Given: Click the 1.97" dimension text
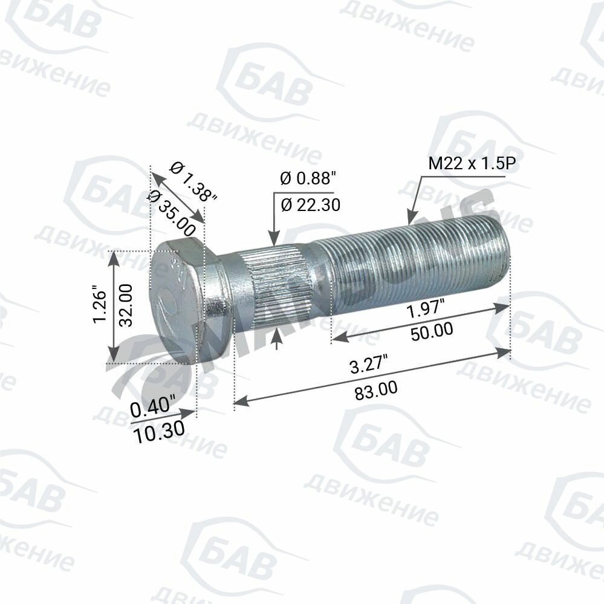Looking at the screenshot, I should click(x=424, y=311).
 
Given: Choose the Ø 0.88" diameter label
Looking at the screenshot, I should click(x=307, y=178).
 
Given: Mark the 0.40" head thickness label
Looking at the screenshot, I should click(x=152, y=408).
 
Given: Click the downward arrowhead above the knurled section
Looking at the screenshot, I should click(x=274, y=241).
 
